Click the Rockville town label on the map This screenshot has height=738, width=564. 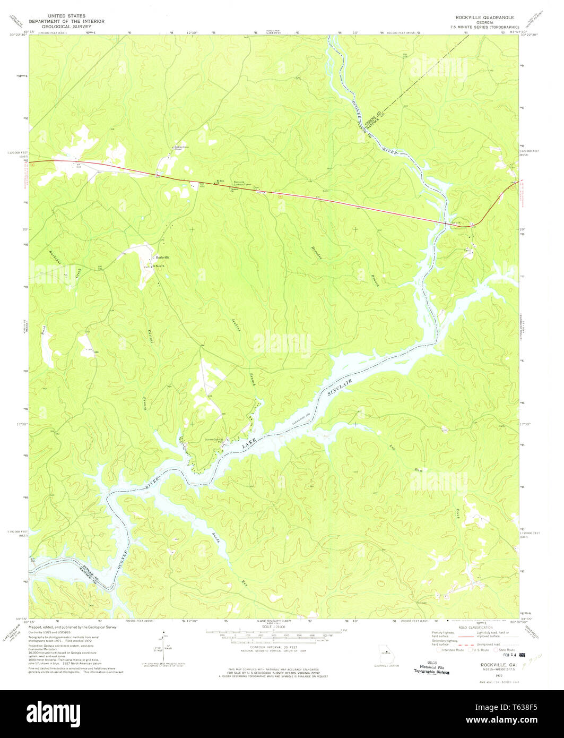[x=162, y=258]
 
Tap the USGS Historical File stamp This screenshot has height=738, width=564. [x=432, y=668]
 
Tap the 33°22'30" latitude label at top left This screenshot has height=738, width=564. [x=17, y=35]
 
